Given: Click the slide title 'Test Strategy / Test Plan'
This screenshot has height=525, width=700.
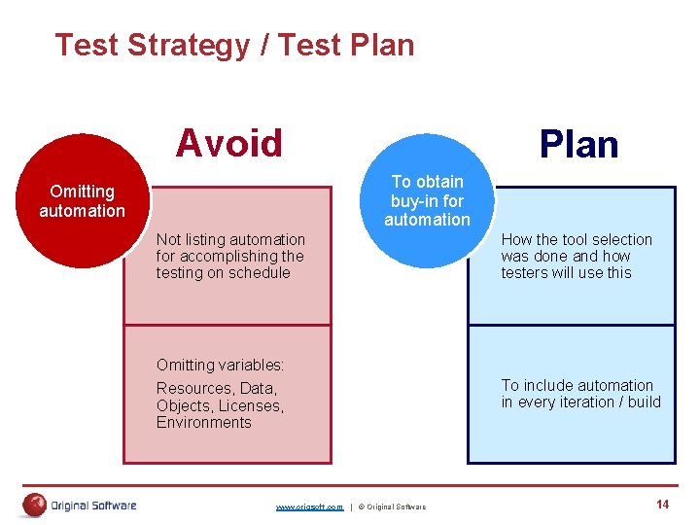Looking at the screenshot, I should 234,45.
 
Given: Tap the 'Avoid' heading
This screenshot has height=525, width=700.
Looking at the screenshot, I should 228,143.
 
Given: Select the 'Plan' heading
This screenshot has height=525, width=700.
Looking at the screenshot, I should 578,144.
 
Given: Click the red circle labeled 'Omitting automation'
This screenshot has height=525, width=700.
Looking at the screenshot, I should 83,201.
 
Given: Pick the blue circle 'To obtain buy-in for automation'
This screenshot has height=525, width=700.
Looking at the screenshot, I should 427,201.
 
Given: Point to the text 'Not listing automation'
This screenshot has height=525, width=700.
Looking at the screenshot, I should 230,239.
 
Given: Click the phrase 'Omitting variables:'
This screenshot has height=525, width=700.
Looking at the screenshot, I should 220,366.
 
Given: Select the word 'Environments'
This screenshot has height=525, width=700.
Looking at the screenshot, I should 203,422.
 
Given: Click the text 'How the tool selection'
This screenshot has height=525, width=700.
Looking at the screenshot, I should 577,239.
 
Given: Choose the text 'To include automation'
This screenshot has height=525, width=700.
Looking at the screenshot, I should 577,385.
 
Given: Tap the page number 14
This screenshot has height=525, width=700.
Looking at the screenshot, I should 662,504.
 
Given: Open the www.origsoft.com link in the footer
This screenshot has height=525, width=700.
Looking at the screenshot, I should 309,507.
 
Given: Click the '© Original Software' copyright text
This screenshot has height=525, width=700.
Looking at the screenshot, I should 391,507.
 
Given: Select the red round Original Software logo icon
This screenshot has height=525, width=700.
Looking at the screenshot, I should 35,505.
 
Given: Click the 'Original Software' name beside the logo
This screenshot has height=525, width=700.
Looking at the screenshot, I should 93,506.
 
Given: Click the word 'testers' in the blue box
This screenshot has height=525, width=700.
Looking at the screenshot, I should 526,272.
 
